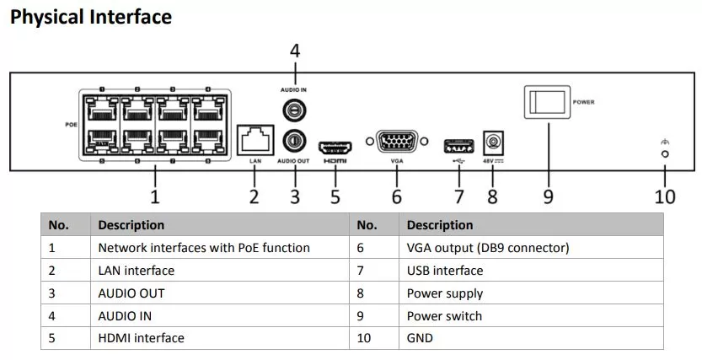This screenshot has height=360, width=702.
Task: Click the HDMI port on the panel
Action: (335, 148)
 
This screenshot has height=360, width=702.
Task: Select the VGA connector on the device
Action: (397, 142)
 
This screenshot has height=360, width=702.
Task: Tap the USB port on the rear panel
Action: (458, 147)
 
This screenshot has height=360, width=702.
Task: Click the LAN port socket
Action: (255, 140)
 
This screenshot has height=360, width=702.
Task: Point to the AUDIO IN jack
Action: (294, 110)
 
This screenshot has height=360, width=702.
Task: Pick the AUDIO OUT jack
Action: (294, 141)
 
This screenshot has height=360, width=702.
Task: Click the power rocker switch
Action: (547, 102)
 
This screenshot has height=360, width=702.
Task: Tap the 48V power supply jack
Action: (493, 142)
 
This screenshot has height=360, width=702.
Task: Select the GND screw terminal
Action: (665, 153)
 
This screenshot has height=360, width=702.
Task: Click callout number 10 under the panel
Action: (665, 196)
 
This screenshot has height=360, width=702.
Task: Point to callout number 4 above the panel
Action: (295, 51)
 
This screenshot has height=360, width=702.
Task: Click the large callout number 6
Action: (397, 196)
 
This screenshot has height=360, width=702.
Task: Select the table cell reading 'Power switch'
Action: (531, 316)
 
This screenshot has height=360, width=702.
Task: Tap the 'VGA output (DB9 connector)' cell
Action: (531, 248)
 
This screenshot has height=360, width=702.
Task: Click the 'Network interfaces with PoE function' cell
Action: (220, 248)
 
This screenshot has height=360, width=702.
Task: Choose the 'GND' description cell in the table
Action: (531, 338)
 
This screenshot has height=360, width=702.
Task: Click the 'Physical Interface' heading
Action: (91, 17)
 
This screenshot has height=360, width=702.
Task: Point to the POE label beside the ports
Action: (71, 125)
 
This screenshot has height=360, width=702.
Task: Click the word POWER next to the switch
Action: (584, 102)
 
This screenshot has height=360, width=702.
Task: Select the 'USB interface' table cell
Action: (531, 271)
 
